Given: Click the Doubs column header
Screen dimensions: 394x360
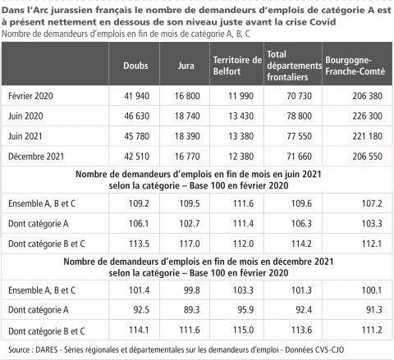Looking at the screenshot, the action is click(x=135, y=66).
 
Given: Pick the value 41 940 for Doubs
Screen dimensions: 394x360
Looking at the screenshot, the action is click(x=136, y=96).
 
